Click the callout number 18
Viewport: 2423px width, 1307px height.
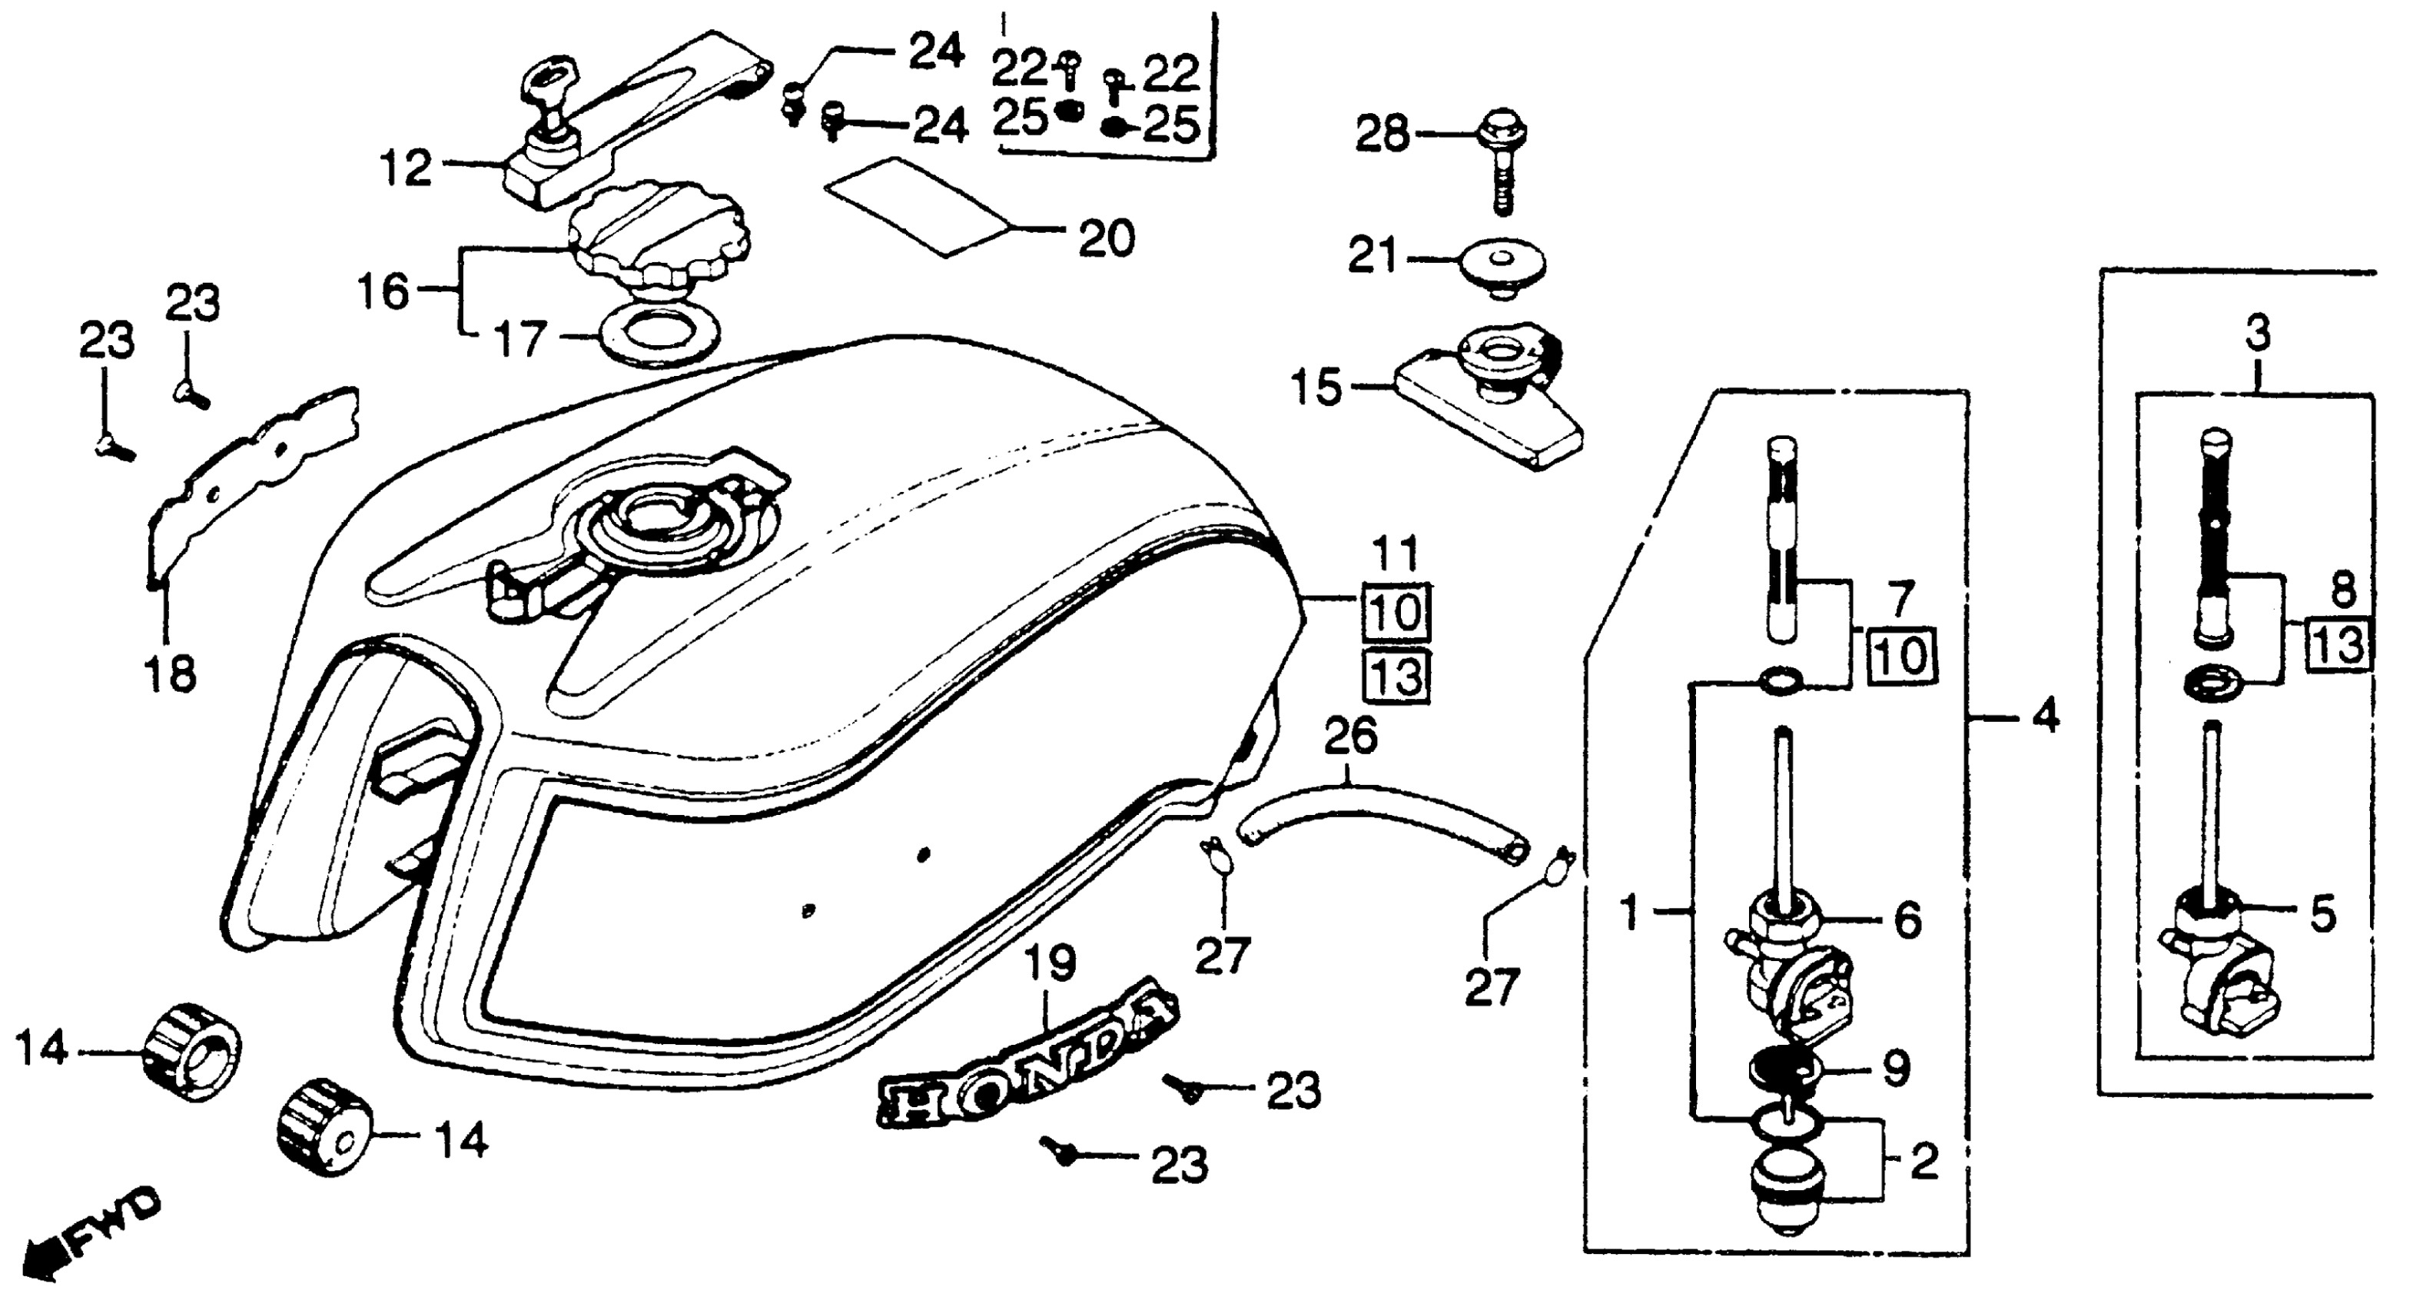point(171,673)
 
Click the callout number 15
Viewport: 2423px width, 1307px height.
point(1316,387)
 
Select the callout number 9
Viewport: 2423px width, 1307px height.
point(1894,1067)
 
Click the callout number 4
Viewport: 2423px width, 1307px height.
point(2045,719)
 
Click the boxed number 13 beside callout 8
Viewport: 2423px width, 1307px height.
point(2338,646)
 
